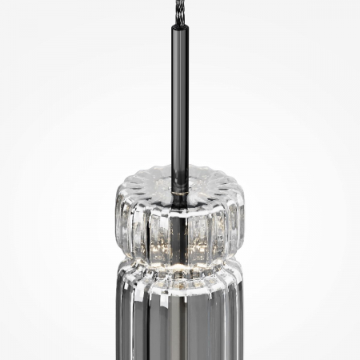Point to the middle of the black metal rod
(x=178, y=96)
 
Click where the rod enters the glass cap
(x=179, y=170)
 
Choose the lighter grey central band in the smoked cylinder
(x=181, y=328)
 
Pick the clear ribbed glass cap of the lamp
(x=179, y=216)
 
